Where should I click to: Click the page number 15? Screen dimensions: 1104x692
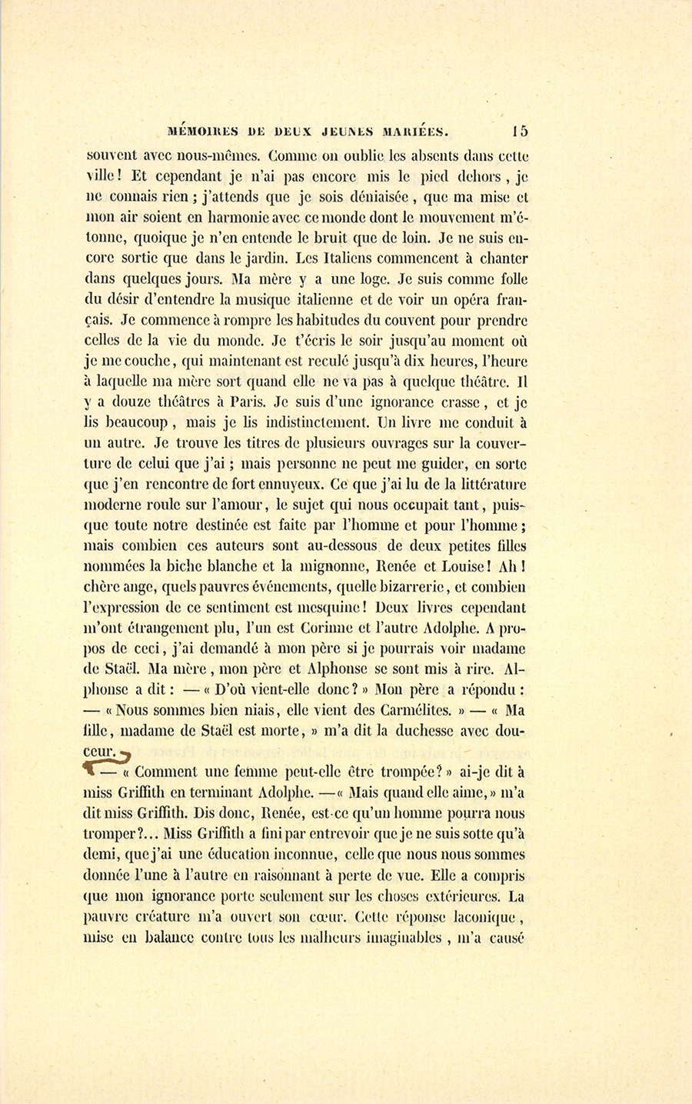point(517,130)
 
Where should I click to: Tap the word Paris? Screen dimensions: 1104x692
point(245,402)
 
